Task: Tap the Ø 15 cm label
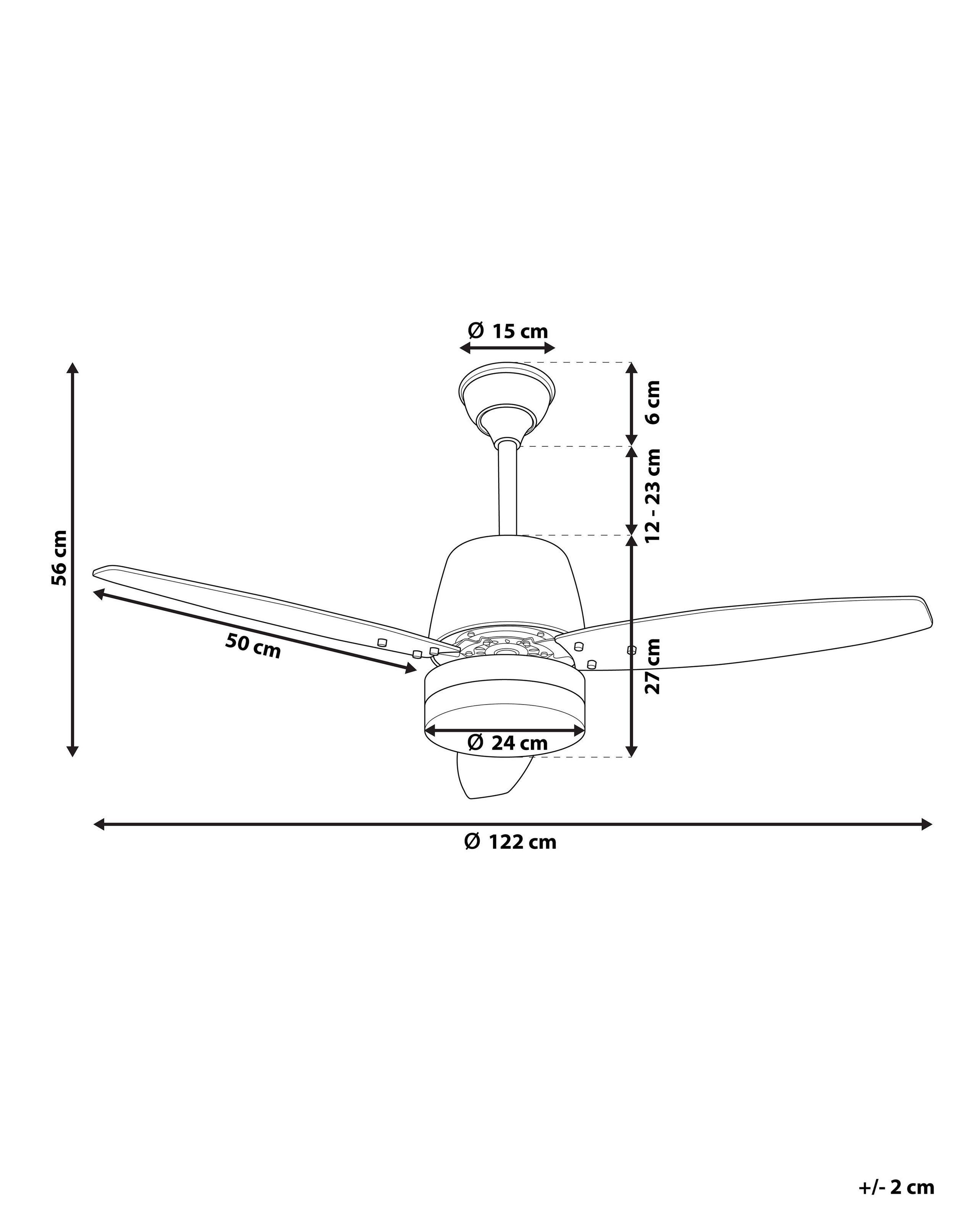(508, 331)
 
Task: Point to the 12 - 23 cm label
(653, 494)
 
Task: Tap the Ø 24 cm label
(508, 742)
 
